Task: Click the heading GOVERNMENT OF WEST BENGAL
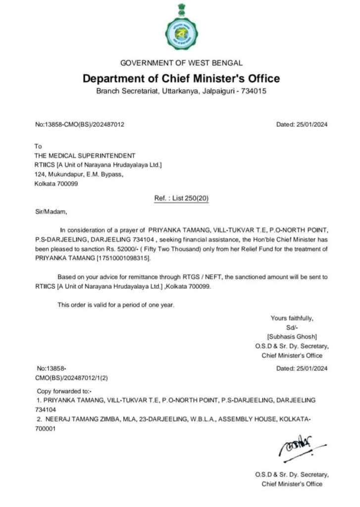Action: click(182, 63)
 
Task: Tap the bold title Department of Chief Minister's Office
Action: click(181, 78)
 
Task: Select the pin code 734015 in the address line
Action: click(254, 92)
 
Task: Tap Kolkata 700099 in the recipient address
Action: click(56, 184)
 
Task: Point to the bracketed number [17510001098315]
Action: click(121, 258)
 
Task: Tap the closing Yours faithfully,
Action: click(292, 318)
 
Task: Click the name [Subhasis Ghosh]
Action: click(292, 337)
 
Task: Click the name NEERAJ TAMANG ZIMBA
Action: click(85, 419)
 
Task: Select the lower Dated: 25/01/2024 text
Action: click(302, 368)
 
